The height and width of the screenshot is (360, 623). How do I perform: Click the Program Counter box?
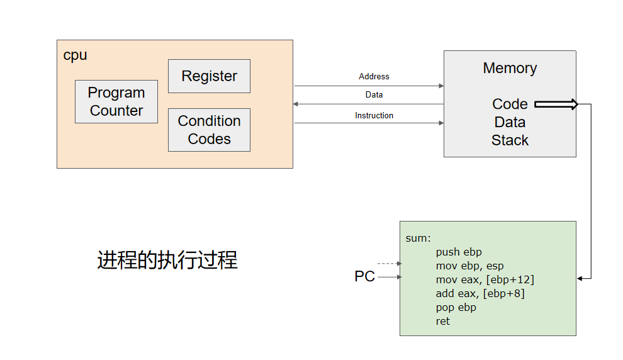tap(116, 101)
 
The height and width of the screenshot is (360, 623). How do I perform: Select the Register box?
tap(209, 76)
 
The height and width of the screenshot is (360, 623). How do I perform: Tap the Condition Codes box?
tap(209, 130)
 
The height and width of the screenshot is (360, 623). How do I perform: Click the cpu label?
tap(75, 55)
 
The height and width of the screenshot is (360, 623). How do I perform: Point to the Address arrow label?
tap(374, 76)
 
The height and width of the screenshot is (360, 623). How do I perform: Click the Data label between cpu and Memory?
tap(374, 95)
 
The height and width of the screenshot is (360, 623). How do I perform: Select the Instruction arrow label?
tap(374, 115)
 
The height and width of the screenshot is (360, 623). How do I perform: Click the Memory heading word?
tap(510, 68)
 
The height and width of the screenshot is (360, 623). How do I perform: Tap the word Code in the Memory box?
tap(510, 104)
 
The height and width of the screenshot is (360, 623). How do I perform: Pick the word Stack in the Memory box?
tap(510, 140)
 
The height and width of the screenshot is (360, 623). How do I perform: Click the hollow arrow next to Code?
tap(556, 104)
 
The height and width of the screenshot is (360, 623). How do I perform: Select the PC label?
tap(364, 276)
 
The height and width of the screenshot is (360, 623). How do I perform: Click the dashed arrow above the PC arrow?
tap(389, 264)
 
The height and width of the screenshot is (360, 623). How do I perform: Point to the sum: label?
tap(418, 238)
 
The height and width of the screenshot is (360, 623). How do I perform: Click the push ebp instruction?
tap(459, 252)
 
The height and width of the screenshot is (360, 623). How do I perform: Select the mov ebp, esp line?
tap(469, 266)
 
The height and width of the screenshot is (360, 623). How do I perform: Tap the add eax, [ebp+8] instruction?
tap(480, 293)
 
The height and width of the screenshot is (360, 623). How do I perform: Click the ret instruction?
tap(443, 321)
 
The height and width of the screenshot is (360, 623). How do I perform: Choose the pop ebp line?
tap(456, 307)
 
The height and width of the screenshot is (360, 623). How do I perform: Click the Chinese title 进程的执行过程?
tap(167, 260)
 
